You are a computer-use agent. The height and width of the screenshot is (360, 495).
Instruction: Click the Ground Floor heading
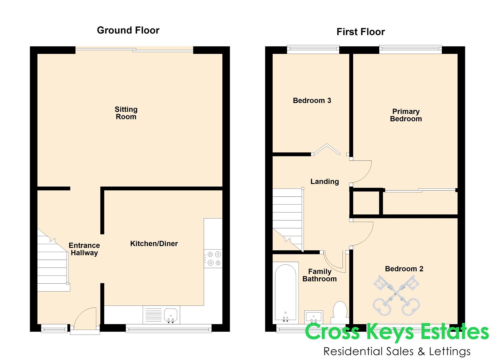click(128, 30)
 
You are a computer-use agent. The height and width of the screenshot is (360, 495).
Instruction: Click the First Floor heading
click(360, 32)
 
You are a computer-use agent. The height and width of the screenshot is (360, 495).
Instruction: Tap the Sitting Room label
click(126, 113)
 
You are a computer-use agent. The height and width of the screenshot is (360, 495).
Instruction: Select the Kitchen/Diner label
click(154, 244)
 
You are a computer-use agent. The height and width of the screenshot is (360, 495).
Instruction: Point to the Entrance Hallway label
click(84, 249)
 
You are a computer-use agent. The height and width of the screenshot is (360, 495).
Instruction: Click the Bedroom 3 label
click(312, 101)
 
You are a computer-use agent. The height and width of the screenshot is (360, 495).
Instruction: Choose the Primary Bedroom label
click(406, 115)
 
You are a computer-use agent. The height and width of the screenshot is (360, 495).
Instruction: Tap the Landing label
click(324, 182)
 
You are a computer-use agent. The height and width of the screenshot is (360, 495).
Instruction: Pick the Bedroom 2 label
click(404, 269)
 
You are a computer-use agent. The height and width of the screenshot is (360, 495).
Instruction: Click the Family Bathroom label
click(319, 275)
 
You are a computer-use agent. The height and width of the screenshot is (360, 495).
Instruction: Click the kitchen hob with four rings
click(213, 259)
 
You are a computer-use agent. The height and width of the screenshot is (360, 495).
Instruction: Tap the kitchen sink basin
click(171, 315)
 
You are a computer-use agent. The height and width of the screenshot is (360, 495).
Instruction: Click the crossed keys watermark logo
click(396, 295)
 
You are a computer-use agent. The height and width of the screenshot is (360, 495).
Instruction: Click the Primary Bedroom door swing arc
click(363, 172)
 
